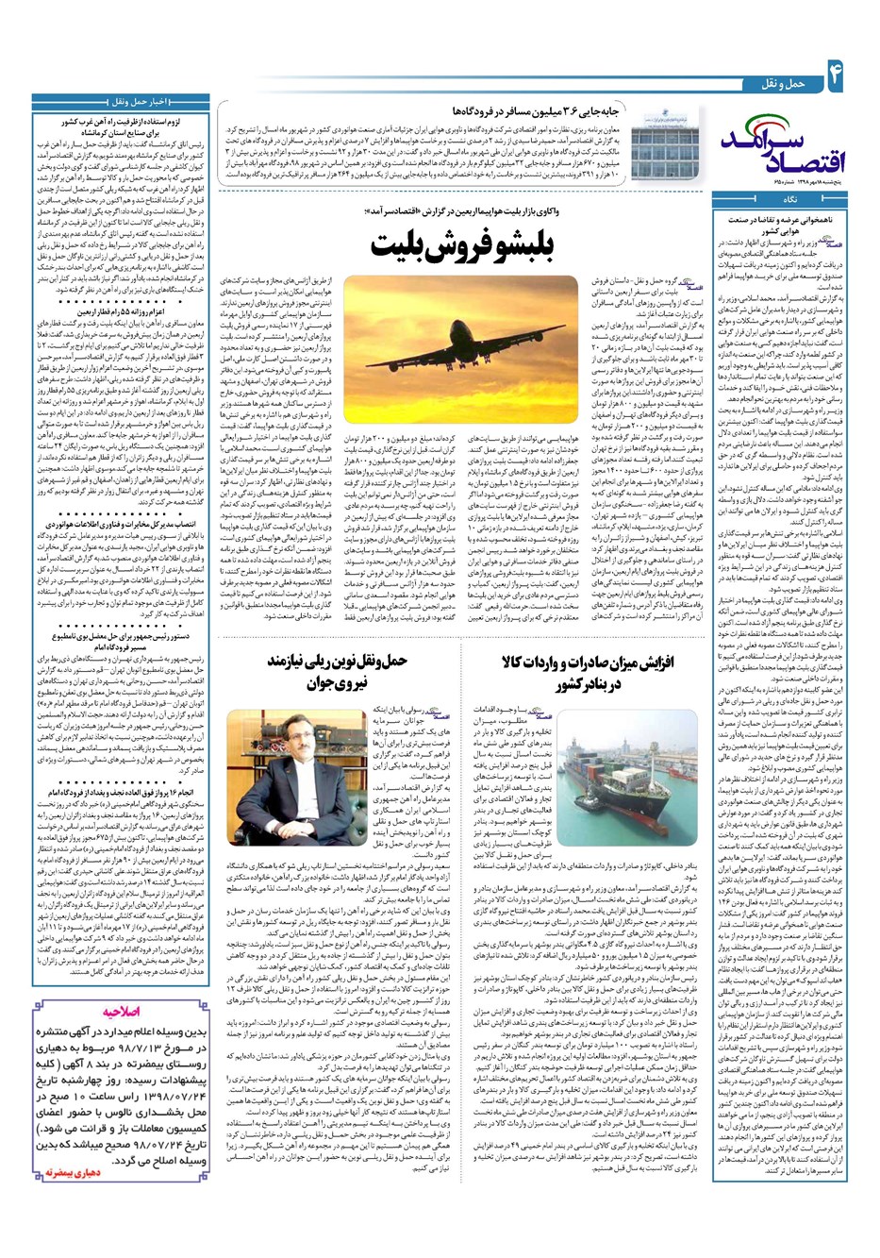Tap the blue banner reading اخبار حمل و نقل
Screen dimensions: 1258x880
point(120,101)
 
